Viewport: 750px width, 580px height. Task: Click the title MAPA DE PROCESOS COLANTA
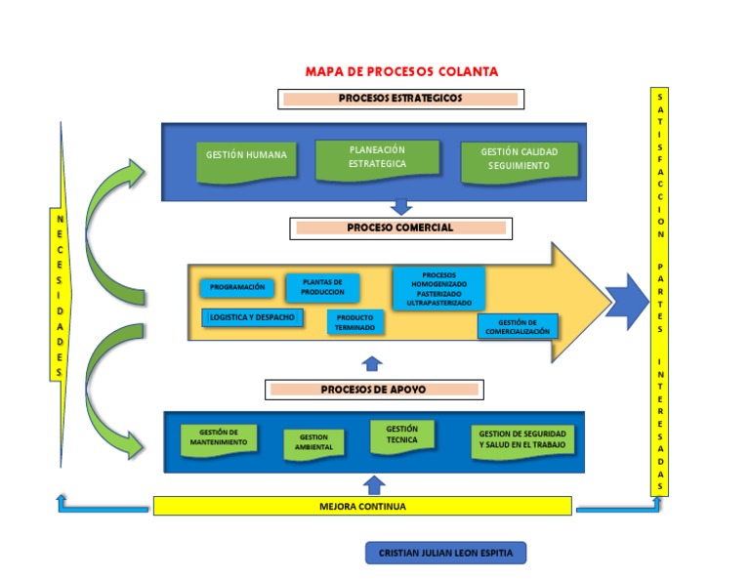coord(401,71)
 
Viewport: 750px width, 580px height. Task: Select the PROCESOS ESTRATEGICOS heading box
coord(400,99)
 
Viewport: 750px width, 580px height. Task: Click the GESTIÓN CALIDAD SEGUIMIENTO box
coord(520,160)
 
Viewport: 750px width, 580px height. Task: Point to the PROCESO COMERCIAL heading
coord(400,228)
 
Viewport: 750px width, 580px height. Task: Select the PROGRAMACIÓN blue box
coord(237,288)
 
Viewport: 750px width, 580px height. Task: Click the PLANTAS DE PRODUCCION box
coord(322,287)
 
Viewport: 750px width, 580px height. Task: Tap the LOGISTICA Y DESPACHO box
coord(252,317)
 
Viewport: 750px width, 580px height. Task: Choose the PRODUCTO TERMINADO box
coord(355,322)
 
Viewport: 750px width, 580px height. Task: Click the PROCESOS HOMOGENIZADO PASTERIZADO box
coord(438,289)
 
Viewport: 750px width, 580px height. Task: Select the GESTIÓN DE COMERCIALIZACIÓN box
coord(518,327)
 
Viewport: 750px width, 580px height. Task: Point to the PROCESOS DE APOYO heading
coord(373,390)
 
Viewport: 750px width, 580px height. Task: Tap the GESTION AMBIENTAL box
coord(313,443)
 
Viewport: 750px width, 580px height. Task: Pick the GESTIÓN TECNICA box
coord(401,435)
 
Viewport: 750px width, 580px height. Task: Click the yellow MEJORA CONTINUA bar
coord(362,507)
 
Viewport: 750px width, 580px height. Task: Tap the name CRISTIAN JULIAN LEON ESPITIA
coord(445,554)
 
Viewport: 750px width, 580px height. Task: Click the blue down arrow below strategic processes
coord(400,207)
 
